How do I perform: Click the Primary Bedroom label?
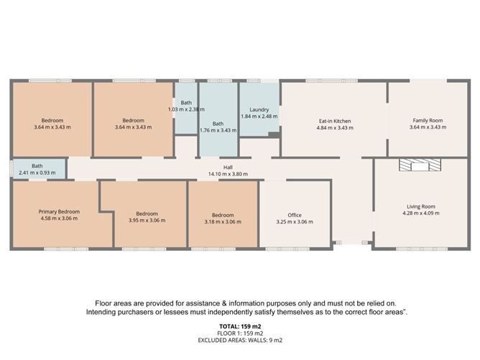(59, 212)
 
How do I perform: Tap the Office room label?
(294, 215)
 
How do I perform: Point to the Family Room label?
(428, 120)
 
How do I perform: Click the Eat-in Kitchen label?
(333, 120)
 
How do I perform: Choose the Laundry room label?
(259, 109)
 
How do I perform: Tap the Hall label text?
(228, 167)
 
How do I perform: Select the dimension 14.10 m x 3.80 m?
(228, 174)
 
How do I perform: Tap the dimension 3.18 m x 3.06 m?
(223, 222)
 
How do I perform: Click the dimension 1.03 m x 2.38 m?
(186, 109)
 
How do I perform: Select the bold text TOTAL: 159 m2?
(239, 328)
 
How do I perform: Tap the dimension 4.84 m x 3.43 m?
(333, 128)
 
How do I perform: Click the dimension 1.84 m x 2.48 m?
(259, 116)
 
